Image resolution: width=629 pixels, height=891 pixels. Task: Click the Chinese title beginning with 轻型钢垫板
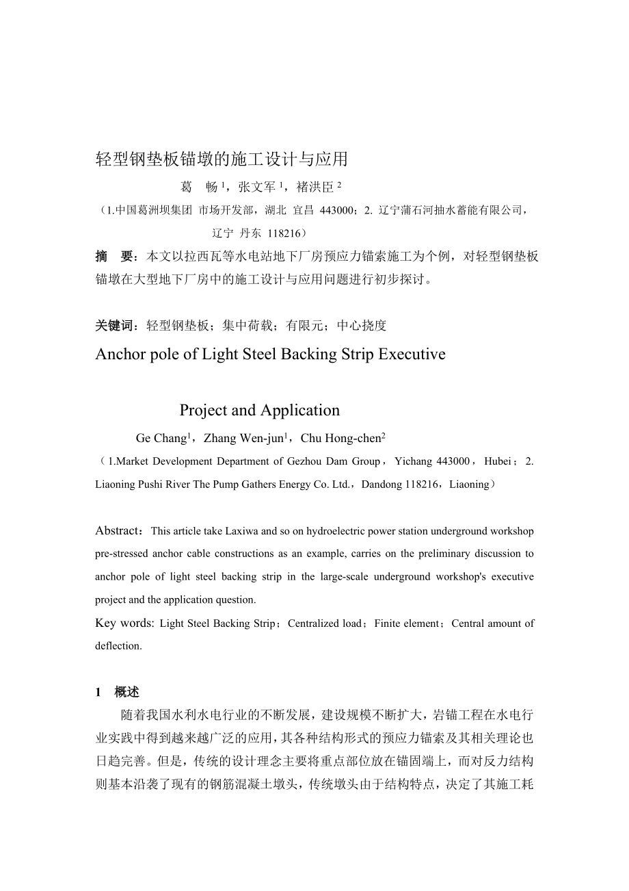click(x=222, y=159)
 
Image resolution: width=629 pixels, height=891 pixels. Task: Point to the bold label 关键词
click(x=116, y=326)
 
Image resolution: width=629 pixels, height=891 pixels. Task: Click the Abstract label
click(x=118, y=530)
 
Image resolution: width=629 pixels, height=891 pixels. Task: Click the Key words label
click(x=124, y=623)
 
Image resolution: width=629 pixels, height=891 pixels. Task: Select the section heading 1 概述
click(x=117, y=693)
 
